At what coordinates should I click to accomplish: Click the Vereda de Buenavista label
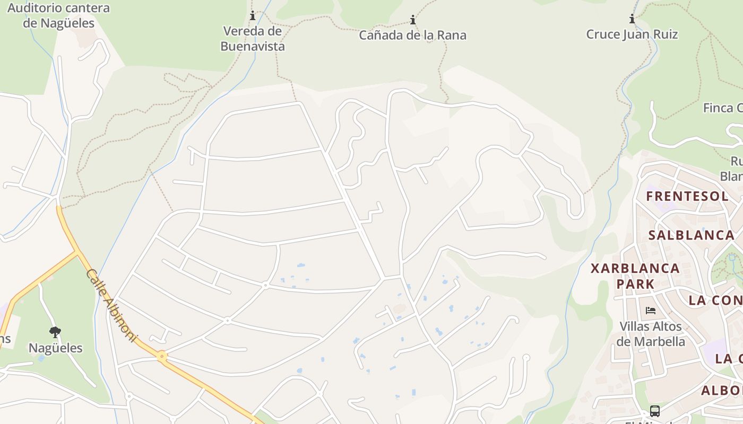[253, 39]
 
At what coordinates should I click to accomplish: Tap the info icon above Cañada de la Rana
[413, 20]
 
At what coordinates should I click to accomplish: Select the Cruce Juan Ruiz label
[632, 34]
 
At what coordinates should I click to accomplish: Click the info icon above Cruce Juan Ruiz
[632, 19]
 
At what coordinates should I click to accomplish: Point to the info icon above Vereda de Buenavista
[253, 16]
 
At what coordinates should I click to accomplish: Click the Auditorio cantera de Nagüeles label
[58, 15]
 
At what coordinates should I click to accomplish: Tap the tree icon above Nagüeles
[55, 332]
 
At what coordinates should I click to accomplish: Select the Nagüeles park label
[55, 348]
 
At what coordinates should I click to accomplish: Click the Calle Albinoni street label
[111, 306]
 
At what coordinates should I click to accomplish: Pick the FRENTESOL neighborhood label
[687, 196]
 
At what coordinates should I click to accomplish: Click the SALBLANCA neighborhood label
[691, 235]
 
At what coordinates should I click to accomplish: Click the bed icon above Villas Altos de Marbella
[651, 311]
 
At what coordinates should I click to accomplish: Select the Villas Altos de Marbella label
[651, 333]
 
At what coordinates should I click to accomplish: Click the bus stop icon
[655, 411]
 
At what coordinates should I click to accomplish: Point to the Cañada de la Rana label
[413, 36]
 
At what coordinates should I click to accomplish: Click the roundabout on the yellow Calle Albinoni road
[161, 357]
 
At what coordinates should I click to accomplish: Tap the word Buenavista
[253, 47]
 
